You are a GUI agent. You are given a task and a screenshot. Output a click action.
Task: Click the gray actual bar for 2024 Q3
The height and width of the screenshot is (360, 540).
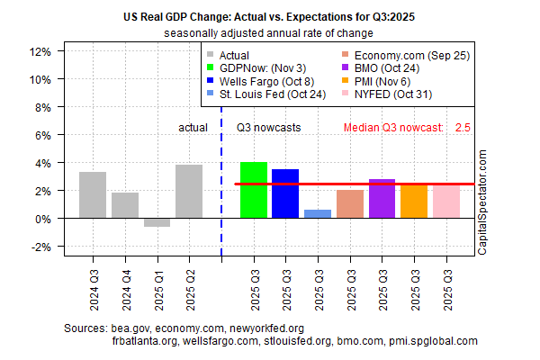pyautogui.click(x=93, y=194)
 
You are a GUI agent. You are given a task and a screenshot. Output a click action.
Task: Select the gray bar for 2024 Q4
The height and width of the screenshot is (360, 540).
pyautogui.click(x=125, y=205)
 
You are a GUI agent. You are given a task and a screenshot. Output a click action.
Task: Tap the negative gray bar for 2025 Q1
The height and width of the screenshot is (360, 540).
pyautogui.click(x=157, y=222)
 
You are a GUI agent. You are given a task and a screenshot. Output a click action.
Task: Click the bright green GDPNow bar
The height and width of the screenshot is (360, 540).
pyautogui.click(x=254, y=190)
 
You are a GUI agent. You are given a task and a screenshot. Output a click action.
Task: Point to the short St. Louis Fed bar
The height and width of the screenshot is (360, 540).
pyautogui.click(x=318, y=214)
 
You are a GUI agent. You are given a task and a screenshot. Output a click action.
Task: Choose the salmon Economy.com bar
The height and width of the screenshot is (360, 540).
pyautogui.click(x=350, y=204)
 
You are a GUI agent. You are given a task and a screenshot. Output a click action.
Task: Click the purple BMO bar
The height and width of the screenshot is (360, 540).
pyautogui.click(x=382, y=199)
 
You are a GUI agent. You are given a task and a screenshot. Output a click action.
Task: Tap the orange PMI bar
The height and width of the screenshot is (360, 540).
pyautogui.click(x=414, y=201)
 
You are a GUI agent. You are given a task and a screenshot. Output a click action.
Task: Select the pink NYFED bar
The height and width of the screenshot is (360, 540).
pyautogui.click(x=446, y=201)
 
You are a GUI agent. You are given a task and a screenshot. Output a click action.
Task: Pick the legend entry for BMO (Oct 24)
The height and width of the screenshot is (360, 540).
pyautogui.click(x=392, y=67)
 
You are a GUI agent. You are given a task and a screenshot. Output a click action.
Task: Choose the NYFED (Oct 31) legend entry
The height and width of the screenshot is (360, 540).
pyautogui.click(x=392, y=94)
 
